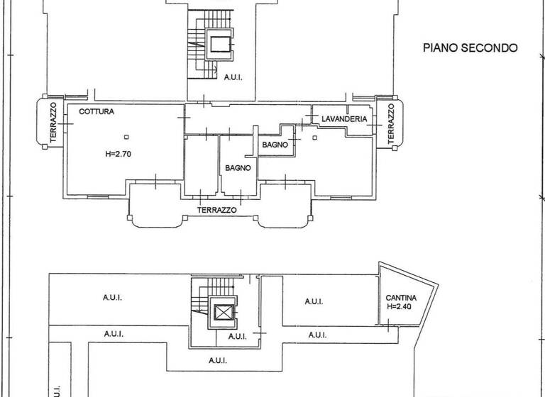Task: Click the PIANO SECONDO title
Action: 470,48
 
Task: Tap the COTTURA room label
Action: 97,112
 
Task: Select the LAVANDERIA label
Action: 343,119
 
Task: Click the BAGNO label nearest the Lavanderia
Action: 275,145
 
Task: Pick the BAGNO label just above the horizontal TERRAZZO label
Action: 239,168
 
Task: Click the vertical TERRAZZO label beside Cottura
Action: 53,123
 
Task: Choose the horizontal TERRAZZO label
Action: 216,211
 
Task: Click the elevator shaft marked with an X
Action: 224,311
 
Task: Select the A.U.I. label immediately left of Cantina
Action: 314,301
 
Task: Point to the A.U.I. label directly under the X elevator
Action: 237,335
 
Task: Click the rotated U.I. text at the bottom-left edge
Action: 56,390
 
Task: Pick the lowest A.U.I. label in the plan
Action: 219,361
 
